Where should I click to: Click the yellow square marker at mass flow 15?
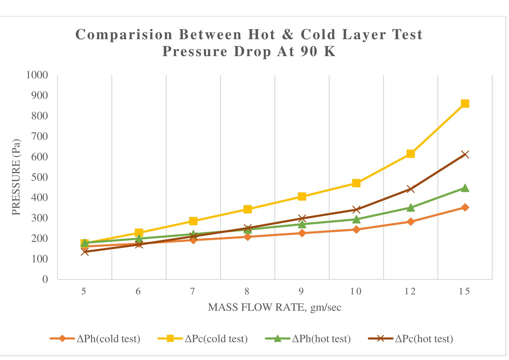point(465,104)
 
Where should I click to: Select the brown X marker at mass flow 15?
point(465,155)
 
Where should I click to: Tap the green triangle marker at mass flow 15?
point(465,188)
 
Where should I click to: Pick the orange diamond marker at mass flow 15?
point(465,207)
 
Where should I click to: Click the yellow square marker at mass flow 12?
point(411,154)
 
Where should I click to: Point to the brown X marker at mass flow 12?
point(411,189)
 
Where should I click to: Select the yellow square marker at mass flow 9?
point(302,196)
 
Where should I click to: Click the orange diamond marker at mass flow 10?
point(356,229)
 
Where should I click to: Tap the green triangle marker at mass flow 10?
point(356,220)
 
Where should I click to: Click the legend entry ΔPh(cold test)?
point(108,339)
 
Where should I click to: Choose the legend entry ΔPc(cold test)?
point(216,339)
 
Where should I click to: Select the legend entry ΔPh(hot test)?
point(321,339)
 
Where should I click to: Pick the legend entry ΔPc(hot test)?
point(424,339)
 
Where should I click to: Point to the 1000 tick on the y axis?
point(37,75)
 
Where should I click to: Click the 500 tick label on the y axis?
point(39,177)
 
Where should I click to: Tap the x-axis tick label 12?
point(410,291)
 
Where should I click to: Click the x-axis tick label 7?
point(193,291)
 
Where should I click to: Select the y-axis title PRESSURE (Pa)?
point(16,177)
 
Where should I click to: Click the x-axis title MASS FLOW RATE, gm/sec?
point(275,307)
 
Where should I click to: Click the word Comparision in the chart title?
point(124,35)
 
